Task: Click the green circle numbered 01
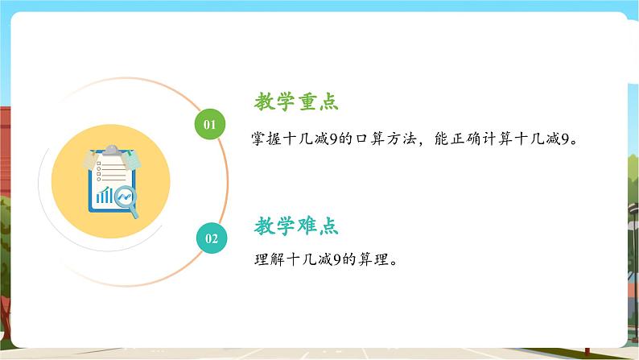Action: pyautogui.click(x=210, y=124)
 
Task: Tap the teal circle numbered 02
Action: pyautogui.click(x=212, y=238)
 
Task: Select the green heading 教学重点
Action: pyautogui.click(x=296, y=101)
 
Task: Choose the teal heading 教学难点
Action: pyautogui.click(x=296, y=226)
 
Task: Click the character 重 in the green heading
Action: pyautogui.click(x=307, y=101)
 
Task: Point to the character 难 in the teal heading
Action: pyautogui.click(x=307, y=226)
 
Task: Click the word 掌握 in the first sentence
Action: pyautogui.click(x=266, y=139)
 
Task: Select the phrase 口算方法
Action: pyautogui.click(x=386, y=139)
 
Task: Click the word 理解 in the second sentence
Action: pyautogui.click(x=270, y=259)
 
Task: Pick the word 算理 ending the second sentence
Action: pyautogui.click(x=373, y=259)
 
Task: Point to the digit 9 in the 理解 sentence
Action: pyautogui.click(x=336, y=259)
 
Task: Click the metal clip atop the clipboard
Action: pyautogui.click(x=112, y=150)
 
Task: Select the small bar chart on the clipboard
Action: pyautogui.click(x=105, y=195)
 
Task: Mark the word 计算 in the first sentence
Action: pyautogui.click(x=497, y=139)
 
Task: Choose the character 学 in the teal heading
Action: pyautogui.click(x=286, y=226)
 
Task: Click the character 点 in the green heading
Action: pyautogui.click(x=329, y=101)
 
